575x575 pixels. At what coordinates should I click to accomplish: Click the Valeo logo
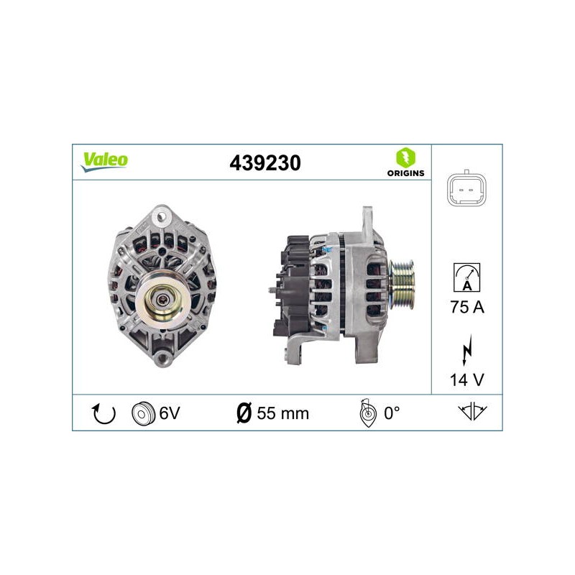tap(104, 162)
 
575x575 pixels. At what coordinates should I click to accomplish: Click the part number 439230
tap(265, 163)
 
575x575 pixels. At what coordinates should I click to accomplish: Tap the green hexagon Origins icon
tap(405, 157)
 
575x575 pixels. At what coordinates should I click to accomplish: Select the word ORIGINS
tap(405, 173)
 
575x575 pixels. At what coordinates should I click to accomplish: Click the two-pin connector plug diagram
tap(466, 190)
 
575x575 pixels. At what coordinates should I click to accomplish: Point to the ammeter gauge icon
tap(466, 277)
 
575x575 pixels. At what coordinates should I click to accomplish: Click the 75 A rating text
tap(467, 307)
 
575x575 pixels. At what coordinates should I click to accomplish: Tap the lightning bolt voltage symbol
tap(466, 350)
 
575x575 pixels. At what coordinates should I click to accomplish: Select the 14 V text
tap(466, 380)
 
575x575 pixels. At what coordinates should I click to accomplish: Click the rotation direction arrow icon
tap(103, 413)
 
